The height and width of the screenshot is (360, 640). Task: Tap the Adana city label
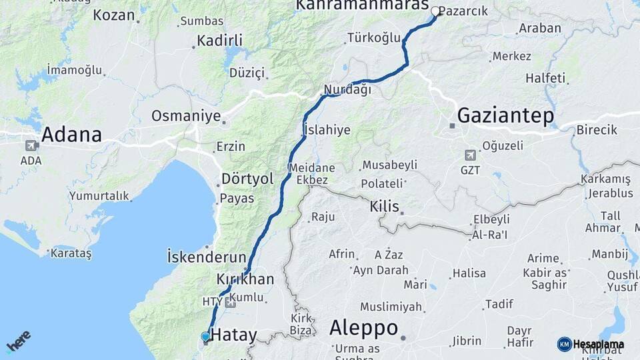click(x=71, y=135)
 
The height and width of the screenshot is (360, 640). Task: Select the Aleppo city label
click(x=363, y=328)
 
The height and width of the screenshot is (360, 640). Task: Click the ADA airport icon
click(x=31, y=145)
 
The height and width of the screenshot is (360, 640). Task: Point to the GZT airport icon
click(x=470, y=155)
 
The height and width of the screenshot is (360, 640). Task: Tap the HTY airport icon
click(x=231, y=303)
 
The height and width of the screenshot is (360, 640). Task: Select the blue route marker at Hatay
click(x=205, y=337)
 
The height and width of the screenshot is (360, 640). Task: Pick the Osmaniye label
click(x=185, y=116)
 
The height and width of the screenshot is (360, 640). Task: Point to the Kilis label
click(x=384, y=207)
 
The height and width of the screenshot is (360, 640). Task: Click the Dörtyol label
click(x=247, y=179)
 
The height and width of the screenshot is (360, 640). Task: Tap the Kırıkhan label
click(x=245, y=279)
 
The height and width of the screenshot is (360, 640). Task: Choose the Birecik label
click(x=597, y=130)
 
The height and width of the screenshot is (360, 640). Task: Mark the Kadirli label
click(x=220, y=41)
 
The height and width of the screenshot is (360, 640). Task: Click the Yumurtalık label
click(x=98, y=196)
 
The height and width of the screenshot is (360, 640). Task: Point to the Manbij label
click(x=609, y=253)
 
